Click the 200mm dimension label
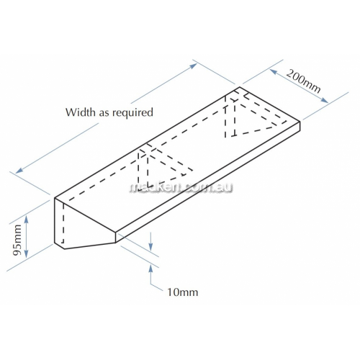(x=303, y=81)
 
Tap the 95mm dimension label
(x=17, y=240)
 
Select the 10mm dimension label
(x=183, y=292)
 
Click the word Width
(x=81, y=112)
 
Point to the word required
(x=132, y=112)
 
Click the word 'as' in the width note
(x=104, y=113)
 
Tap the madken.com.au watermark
(x=181, y=187)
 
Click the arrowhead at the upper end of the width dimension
(x=194, y=66)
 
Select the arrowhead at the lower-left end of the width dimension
(x=19, y=170)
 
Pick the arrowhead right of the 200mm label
(x=325, y=100)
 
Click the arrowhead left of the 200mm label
(x=274, y=71)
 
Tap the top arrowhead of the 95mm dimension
(x=27, y=219)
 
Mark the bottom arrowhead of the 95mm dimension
(x=27, y=253)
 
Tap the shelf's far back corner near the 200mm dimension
(x=240, y=87)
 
